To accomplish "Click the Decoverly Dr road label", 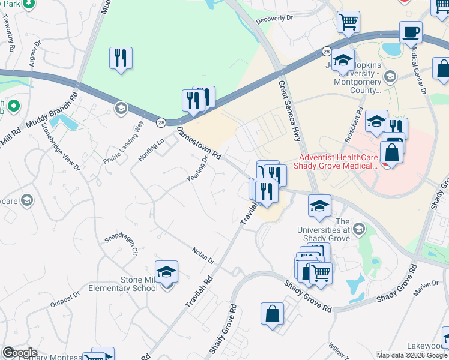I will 274,19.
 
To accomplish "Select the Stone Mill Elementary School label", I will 130,284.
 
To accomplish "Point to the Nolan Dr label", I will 203,256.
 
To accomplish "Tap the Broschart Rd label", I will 354,125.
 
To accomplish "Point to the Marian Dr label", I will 427,289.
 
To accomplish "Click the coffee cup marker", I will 411,32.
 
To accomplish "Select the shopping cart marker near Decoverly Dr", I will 348,22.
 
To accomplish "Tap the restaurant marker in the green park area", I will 121,58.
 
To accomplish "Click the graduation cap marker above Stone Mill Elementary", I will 167,271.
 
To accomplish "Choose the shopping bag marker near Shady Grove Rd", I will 272,313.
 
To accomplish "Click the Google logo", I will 20,353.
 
